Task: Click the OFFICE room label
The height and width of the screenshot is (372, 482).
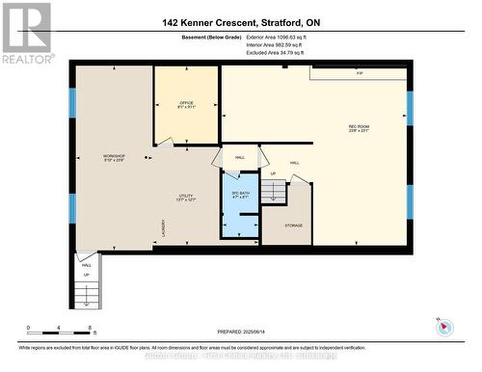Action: [186, 104]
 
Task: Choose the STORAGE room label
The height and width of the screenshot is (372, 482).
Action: [293, 226]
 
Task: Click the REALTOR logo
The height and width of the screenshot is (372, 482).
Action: [26, 33]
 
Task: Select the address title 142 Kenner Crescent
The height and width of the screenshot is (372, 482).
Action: [240, 21]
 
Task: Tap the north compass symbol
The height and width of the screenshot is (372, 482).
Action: [442, 325]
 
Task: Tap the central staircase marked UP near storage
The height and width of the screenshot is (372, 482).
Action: [275, 193]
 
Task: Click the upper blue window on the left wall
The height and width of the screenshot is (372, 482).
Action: [71, 103]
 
